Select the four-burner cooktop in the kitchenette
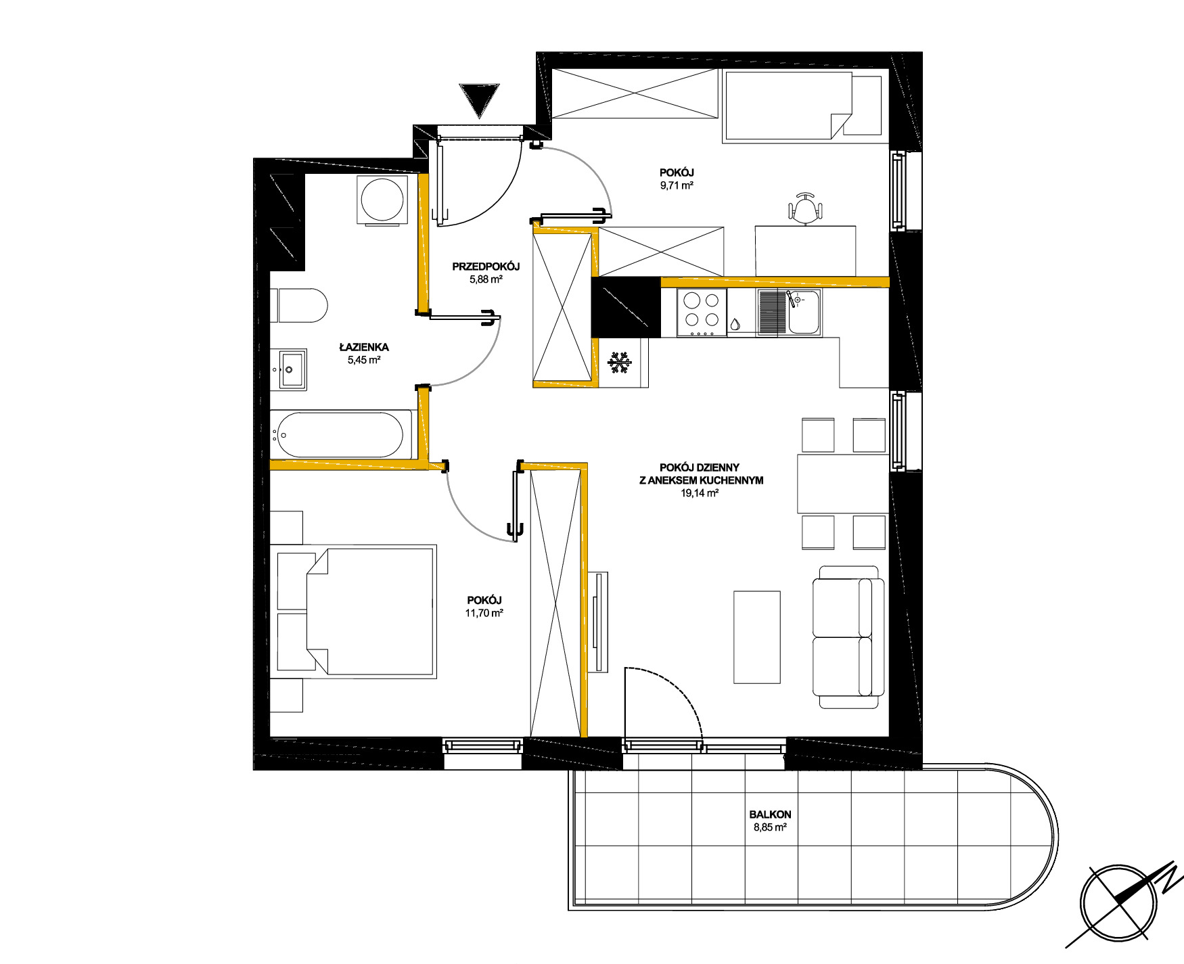point(702,313)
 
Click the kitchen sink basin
point(804,313)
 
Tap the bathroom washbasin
point(292,369)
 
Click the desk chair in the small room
point(805,208)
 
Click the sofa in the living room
point(848,637)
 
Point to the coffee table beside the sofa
point(757,637)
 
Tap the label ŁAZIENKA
point(364,348)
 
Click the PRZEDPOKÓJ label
point(486,267)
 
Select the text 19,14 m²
point(700,493)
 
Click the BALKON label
point(770,814)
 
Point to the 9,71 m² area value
point(677,185)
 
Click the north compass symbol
point(1123,904)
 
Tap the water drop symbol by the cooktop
point(735,325)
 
